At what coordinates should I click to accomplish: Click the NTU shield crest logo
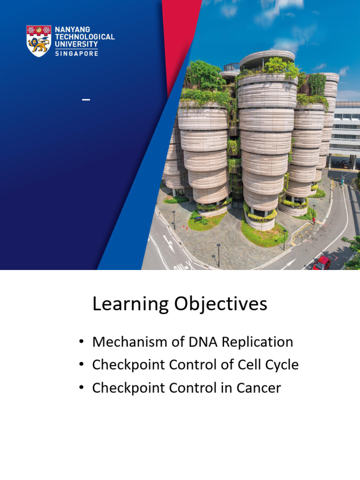38,41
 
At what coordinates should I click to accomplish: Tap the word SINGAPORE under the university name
76,53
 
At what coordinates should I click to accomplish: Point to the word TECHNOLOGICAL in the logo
84,37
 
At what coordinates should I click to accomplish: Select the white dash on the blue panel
86,100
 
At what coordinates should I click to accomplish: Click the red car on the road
322,263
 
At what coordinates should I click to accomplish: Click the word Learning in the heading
130,304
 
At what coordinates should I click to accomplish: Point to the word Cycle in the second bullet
280,365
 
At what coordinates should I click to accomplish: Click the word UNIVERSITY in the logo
76,44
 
